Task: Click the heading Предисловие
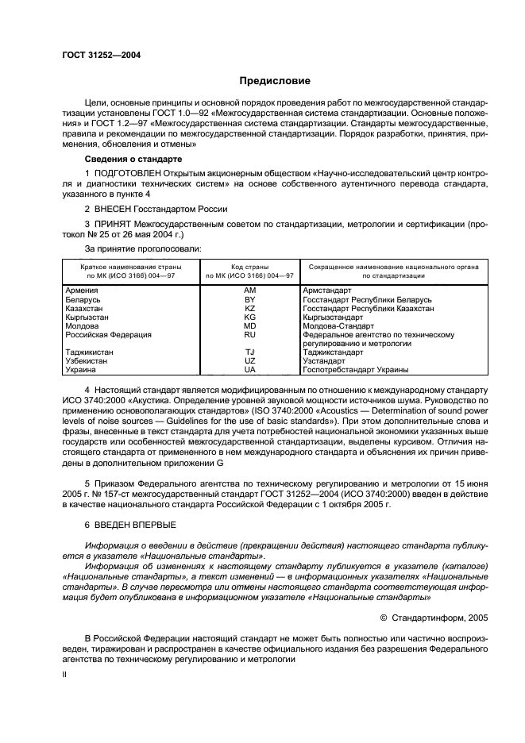[x=276, y=81]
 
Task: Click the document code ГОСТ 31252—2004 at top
[x=97, y=55]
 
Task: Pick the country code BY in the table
[x=249, y=299]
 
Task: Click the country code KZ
[x=249, y=308]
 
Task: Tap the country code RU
[x=249, y=334]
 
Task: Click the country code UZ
[x=249, y=360]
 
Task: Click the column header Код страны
[x=249, y=268]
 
